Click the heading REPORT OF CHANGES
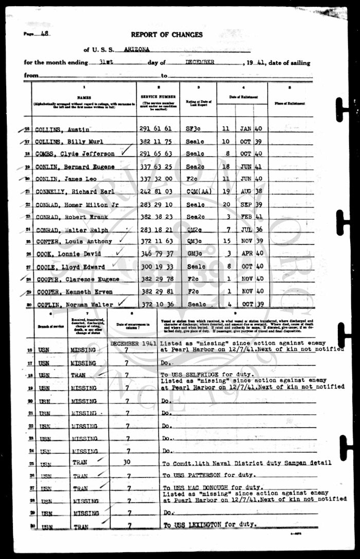(x=167, y=35)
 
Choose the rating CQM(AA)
(x=197, y=191)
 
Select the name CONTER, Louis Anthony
(x=74, y=241)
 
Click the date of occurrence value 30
(x=127, y=462)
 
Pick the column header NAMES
(x=84, y=96)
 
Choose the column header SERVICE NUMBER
(x=158, y=97)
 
